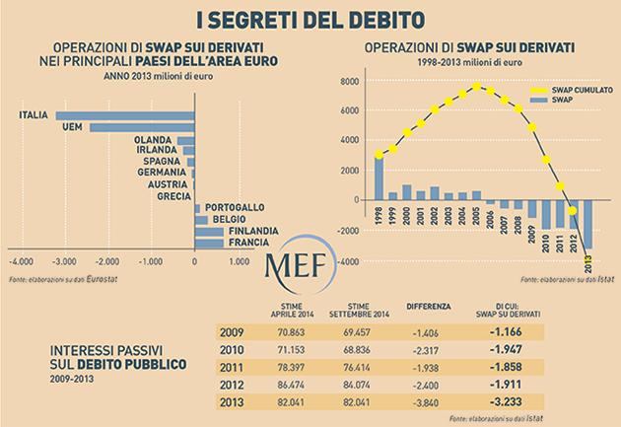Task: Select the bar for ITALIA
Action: [124, 117]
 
